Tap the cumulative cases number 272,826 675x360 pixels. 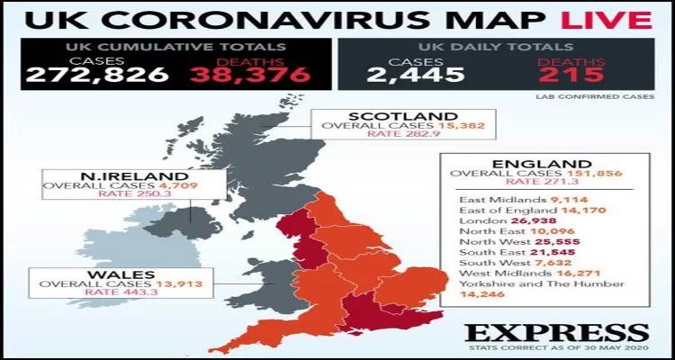pyautogui.click(x=97, y=74)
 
